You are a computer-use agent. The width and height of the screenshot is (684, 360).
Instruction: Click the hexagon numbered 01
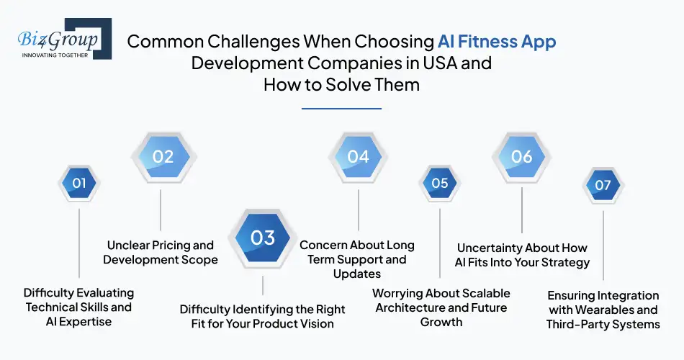point(78,183)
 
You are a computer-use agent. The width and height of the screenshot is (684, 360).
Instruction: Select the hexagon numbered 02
point(163,156)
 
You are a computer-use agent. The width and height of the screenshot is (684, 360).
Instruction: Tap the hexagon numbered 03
point(263,237)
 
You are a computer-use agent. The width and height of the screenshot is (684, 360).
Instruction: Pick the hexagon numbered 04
point(358,156)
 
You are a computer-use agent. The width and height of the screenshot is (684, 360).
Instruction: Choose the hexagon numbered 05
point(440,183)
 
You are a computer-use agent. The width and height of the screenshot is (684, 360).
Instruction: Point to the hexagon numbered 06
point(521,156)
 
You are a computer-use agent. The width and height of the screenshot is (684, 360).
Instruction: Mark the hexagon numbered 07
point(603,184)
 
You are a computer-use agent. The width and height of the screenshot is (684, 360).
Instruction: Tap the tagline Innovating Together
point(55,55)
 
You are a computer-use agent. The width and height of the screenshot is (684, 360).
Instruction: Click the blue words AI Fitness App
point(497,41)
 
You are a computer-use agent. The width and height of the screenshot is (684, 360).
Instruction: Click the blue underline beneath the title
point(341,109)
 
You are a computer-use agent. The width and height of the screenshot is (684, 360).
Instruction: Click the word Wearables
point(626,310)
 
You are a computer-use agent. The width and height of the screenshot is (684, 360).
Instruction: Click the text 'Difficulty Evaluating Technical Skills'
point(78,300)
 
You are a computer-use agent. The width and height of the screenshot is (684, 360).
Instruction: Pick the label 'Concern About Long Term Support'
point(357,252)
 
